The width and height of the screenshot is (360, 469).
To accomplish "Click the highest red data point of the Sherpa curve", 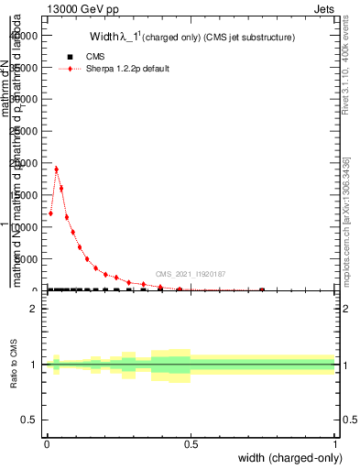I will click(x=56, y=169).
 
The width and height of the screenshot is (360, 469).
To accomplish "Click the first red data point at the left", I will click(x=50, y=213).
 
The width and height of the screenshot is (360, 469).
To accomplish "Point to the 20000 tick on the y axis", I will click(x=25, y=164).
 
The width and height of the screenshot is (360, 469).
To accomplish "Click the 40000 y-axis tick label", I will click(x=25, y=36).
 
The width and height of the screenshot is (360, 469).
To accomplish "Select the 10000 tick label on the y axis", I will click(x=25, y=228).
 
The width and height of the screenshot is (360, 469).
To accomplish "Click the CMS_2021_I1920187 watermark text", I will click(x=191, y=273).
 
